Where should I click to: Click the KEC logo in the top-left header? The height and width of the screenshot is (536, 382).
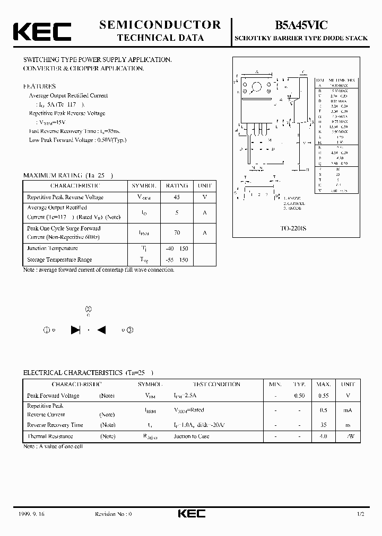tap(42, 31)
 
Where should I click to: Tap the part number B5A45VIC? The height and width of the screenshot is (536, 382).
tap(301, 24)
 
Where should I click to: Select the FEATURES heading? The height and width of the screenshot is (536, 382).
tap(39, 86)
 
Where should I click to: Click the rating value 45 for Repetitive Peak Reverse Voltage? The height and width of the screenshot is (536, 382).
tap(177, 197)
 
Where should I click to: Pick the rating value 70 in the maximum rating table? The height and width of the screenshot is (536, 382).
tap(177, 233)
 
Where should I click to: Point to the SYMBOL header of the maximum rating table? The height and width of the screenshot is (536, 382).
tap(144, 186)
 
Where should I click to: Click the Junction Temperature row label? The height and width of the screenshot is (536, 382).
tap(53, 248)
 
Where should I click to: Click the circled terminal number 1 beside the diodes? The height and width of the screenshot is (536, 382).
tap(47, 330)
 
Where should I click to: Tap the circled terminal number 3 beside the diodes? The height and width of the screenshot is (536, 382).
tap(130, 330)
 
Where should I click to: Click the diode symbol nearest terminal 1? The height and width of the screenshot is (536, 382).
tap(75, 330)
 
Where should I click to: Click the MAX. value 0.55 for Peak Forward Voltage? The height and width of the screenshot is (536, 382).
tap(324, 396)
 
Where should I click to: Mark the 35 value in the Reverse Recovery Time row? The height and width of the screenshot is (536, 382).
tap(324, 425)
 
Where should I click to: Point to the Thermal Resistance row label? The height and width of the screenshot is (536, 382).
tap(50, 436)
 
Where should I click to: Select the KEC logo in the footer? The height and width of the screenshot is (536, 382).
tap(190, 514)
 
